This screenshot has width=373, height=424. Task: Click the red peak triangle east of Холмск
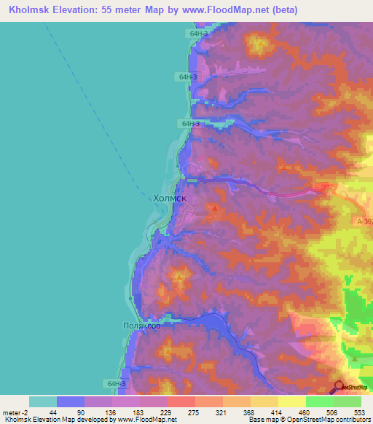tap(215, 209)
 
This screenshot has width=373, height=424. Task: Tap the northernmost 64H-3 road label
tap(198, 34)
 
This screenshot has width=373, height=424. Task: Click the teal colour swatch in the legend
tap(42, 401)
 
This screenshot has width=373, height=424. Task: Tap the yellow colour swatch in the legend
tap(291, 401)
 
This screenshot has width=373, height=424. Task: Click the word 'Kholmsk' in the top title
tap(30, 11)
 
